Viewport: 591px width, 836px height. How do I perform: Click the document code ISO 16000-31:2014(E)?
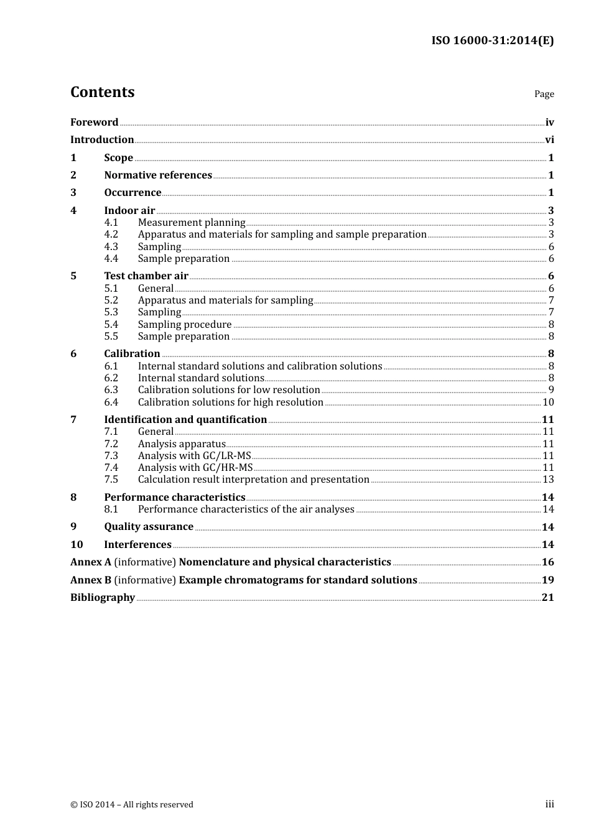coord(492,40)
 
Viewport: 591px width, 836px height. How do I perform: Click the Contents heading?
coord(102,92)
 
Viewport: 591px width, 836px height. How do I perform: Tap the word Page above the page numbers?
coord(544,94)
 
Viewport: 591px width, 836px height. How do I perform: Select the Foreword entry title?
coord(94,122)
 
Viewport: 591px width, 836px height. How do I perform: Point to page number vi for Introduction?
coord(549,140)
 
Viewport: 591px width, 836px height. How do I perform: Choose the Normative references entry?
coord(158,175)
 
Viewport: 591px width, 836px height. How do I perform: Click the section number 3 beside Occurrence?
coord(73,193)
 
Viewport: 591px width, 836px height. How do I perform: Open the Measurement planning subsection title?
coord(192,223)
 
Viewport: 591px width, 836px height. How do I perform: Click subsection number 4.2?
coord(111,235)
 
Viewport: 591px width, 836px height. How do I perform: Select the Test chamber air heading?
coord(146,276)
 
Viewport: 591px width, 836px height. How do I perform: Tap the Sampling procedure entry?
coord(185,325)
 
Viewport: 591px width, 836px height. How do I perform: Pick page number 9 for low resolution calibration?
coord(551,390)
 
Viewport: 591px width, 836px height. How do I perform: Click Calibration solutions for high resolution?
coord(230,402)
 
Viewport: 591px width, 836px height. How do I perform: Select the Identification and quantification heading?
coord(185,420)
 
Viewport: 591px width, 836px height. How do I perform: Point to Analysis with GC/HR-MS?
coord(195,468)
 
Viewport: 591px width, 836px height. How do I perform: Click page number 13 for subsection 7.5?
coord(548,480)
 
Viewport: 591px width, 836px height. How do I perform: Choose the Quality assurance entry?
coord(149,527)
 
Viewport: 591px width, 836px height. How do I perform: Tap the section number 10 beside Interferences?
coord(77,545)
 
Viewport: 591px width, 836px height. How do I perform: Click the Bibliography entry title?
coord(103,598)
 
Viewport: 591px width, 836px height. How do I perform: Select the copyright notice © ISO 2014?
coord(132,805)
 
